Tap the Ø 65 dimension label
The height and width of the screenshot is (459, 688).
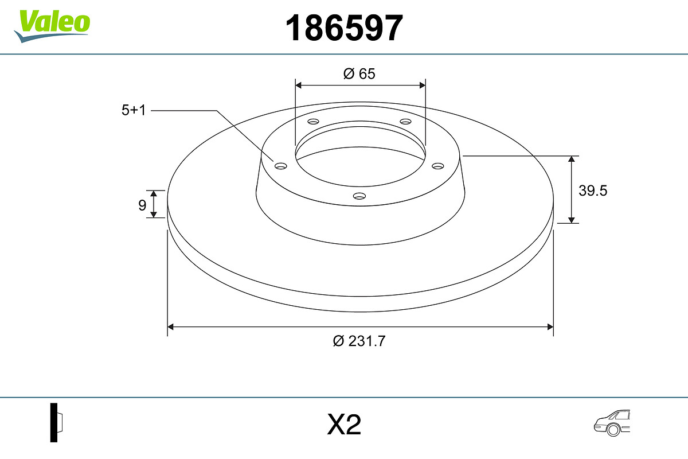(359, 73)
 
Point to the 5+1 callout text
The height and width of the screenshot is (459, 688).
(134, 111)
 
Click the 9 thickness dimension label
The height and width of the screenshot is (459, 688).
(142, 205)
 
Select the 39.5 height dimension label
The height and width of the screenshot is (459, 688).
(592, 191)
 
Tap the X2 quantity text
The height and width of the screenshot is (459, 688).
(344, 425)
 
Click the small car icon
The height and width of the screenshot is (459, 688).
(611, 423)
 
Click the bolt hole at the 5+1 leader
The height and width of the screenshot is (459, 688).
(280, 166)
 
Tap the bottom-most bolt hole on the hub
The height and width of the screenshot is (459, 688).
(359, 196)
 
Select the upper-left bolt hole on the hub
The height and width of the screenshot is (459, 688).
(313, 122)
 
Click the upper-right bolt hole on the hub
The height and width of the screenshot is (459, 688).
(406, 122)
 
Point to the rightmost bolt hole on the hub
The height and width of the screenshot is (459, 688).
(438, 166)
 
